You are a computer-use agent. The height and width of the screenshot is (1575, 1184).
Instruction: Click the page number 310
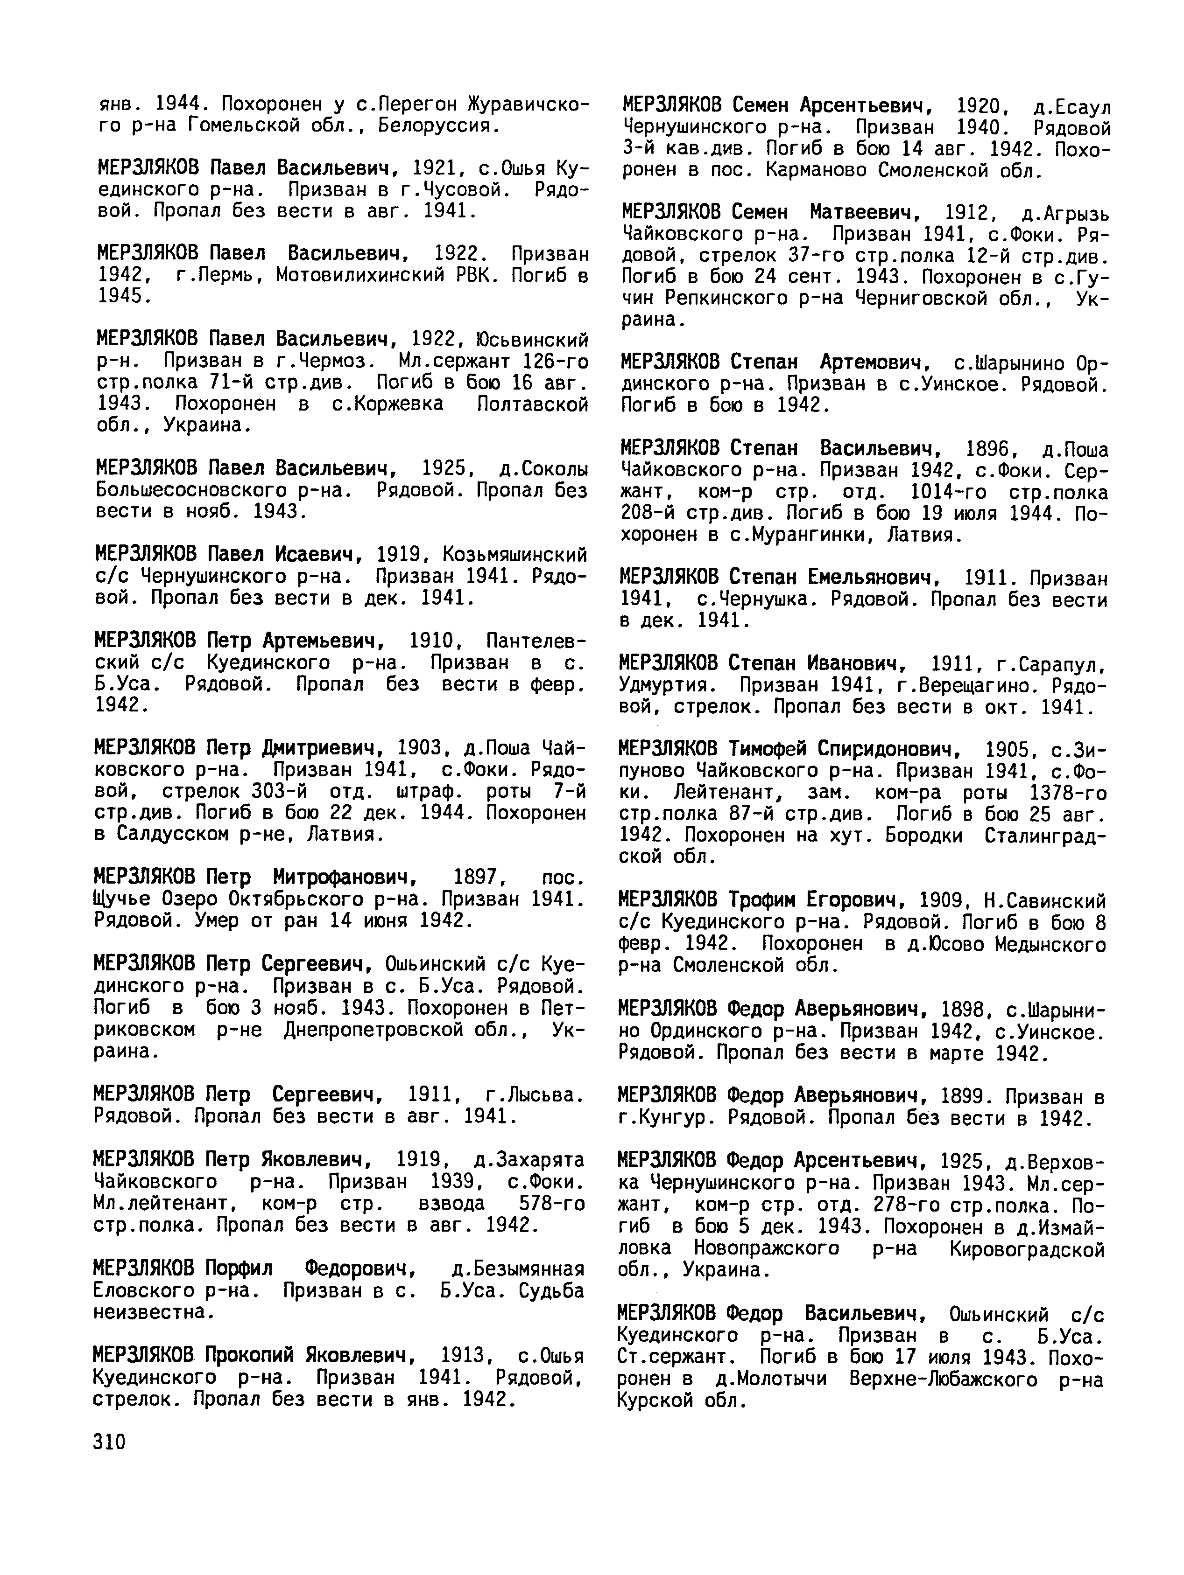pos(109,1442)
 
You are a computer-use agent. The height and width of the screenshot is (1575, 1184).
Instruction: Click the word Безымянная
pos(519,1269)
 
